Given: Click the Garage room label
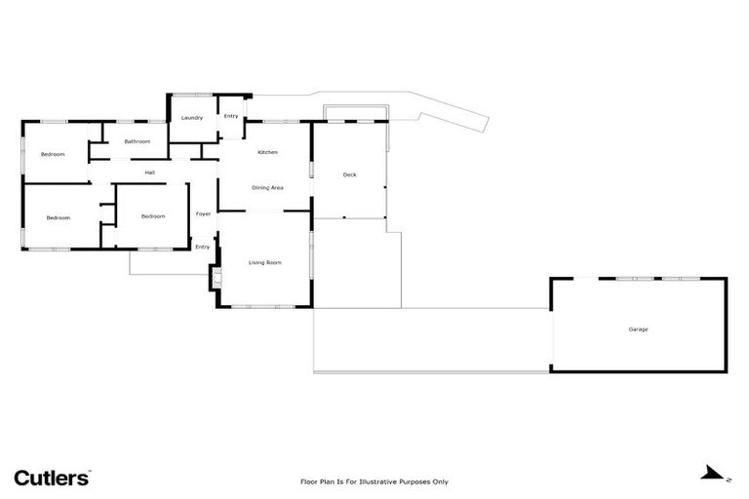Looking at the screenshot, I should click(638, 329).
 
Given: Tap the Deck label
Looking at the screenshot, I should click(350, 174).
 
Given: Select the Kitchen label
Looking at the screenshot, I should click(268, 153).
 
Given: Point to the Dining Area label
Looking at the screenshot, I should click(267, 187).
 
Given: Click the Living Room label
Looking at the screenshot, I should click(265, 263).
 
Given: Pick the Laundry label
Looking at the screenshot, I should click(191, 118).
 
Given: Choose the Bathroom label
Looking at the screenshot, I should click(138, 141).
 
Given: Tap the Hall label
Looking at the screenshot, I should click(149, 173).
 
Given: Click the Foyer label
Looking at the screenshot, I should click(203, 213).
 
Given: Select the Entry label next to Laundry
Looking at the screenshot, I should click(231, 117).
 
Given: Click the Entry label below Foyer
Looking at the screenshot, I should click(202, 247).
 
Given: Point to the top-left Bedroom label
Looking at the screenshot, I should click(53, 155).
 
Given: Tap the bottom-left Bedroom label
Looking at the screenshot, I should click(59, 217).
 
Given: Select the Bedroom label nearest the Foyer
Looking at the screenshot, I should click(153, 216).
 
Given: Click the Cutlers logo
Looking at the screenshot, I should click(52, 478).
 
